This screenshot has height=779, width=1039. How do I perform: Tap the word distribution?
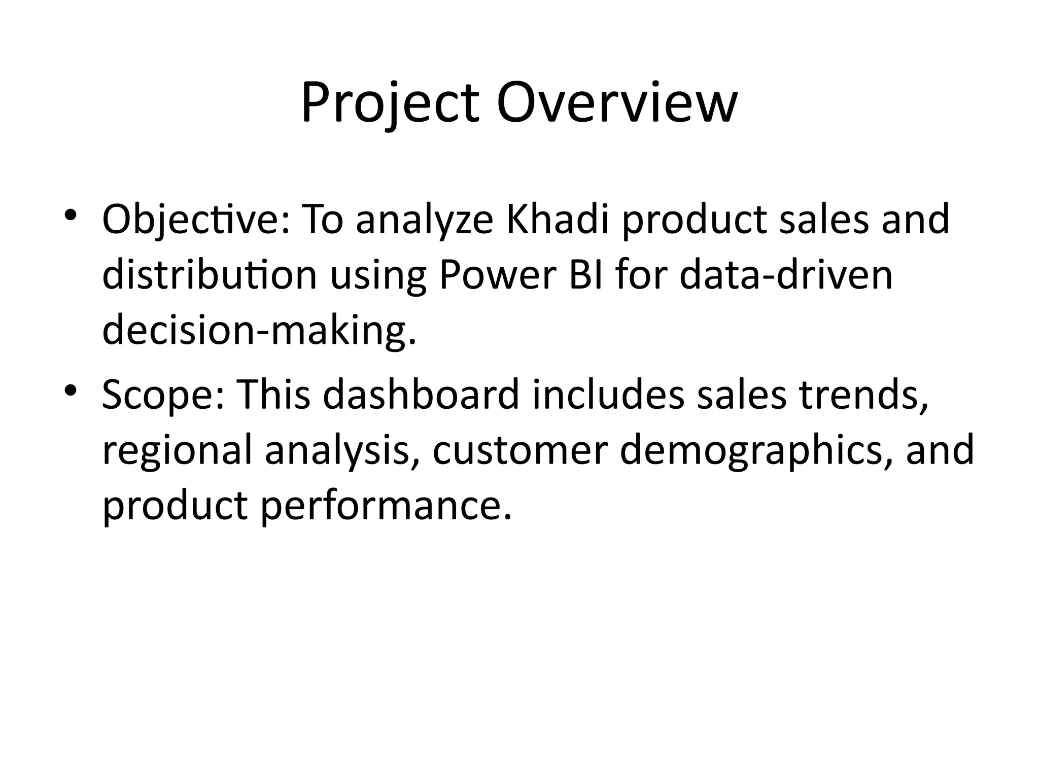(x=210, y=274)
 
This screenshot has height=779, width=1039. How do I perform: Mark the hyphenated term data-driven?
(x=786, y=274)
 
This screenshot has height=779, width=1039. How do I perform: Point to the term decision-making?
(x=259, y=330)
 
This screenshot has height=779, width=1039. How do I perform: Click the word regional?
(x=177, y=451)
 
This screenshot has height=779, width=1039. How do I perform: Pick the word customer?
(x=520, y=450)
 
